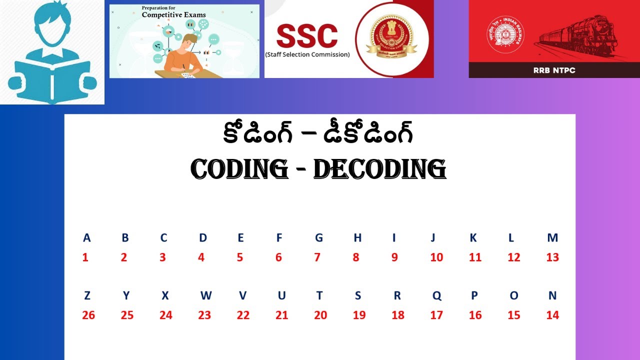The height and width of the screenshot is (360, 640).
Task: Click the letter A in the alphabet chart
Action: click(x=87, y=238)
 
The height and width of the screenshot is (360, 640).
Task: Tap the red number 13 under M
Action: click(x=552, y=257)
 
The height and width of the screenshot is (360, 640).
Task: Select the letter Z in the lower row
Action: click(x=87, y=295)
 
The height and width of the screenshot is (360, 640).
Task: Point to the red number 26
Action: click(x=88, y=315)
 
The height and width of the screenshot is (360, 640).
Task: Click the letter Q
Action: click(x=437, y=296)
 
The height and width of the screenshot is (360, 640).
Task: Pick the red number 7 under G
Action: click(x=317, y=257)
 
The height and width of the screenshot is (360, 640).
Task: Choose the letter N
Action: click(x=552, y=295)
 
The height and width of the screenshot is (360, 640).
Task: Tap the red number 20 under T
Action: click(x=320, y=315)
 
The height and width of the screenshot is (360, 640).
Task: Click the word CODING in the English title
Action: click(x=239, y=170)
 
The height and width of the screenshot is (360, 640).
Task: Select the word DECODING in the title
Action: click(x=379, y=170)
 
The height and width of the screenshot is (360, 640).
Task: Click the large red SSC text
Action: click(x=307, y=36)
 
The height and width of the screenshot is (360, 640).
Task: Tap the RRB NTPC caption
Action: click(x=554, y=70)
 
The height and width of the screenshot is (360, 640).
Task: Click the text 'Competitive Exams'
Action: click(x=173, y=15)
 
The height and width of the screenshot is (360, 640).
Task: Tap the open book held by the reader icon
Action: click(x=52, y=80)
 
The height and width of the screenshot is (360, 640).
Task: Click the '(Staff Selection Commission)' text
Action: click(x=307, y=54)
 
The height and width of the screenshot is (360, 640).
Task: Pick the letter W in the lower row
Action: click(x=205, y=295)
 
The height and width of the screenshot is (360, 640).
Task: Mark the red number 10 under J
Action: click(x=436, y=257)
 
